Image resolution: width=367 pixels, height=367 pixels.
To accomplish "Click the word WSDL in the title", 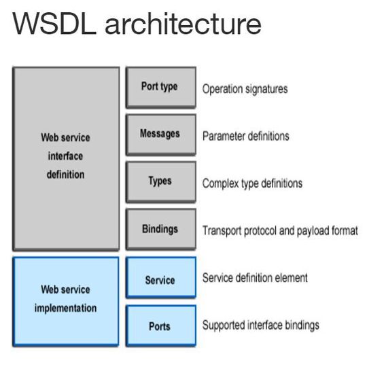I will (x=49, y=24).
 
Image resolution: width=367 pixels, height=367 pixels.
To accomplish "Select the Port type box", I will (x=160, y=87).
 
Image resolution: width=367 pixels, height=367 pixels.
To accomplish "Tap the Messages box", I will (x=160, y=134).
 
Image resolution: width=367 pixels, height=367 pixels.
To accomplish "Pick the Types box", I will (x=160, y=181).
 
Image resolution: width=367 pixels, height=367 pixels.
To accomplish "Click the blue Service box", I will (x=160, y=279).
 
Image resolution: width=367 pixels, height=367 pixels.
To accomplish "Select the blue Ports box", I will (x=160, y=326).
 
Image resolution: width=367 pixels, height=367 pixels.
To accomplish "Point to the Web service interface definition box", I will (x=66, y=157).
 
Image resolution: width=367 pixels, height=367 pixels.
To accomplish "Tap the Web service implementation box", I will (x=66, y=300).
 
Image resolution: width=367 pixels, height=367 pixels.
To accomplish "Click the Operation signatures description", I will (x=245, y=89).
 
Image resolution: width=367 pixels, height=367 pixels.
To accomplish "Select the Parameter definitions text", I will (x=245, y=136).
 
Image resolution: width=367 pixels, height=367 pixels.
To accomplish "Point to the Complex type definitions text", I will (x=252, y=183).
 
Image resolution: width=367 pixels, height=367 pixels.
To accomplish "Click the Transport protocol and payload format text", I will (x=279, y=231).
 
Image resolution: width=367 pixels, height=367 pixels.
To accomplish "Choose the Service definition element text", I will (x=255, y=278).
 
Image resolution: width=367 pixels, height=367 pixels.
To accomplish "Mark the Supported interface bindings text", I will (x=260, y=326).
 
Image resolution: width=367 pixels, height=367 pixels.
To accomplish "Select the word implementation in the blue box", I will (x=66, y=309).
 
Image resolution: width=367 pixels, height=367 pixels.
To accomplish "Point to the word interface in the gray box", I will (x=66, y=156).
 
